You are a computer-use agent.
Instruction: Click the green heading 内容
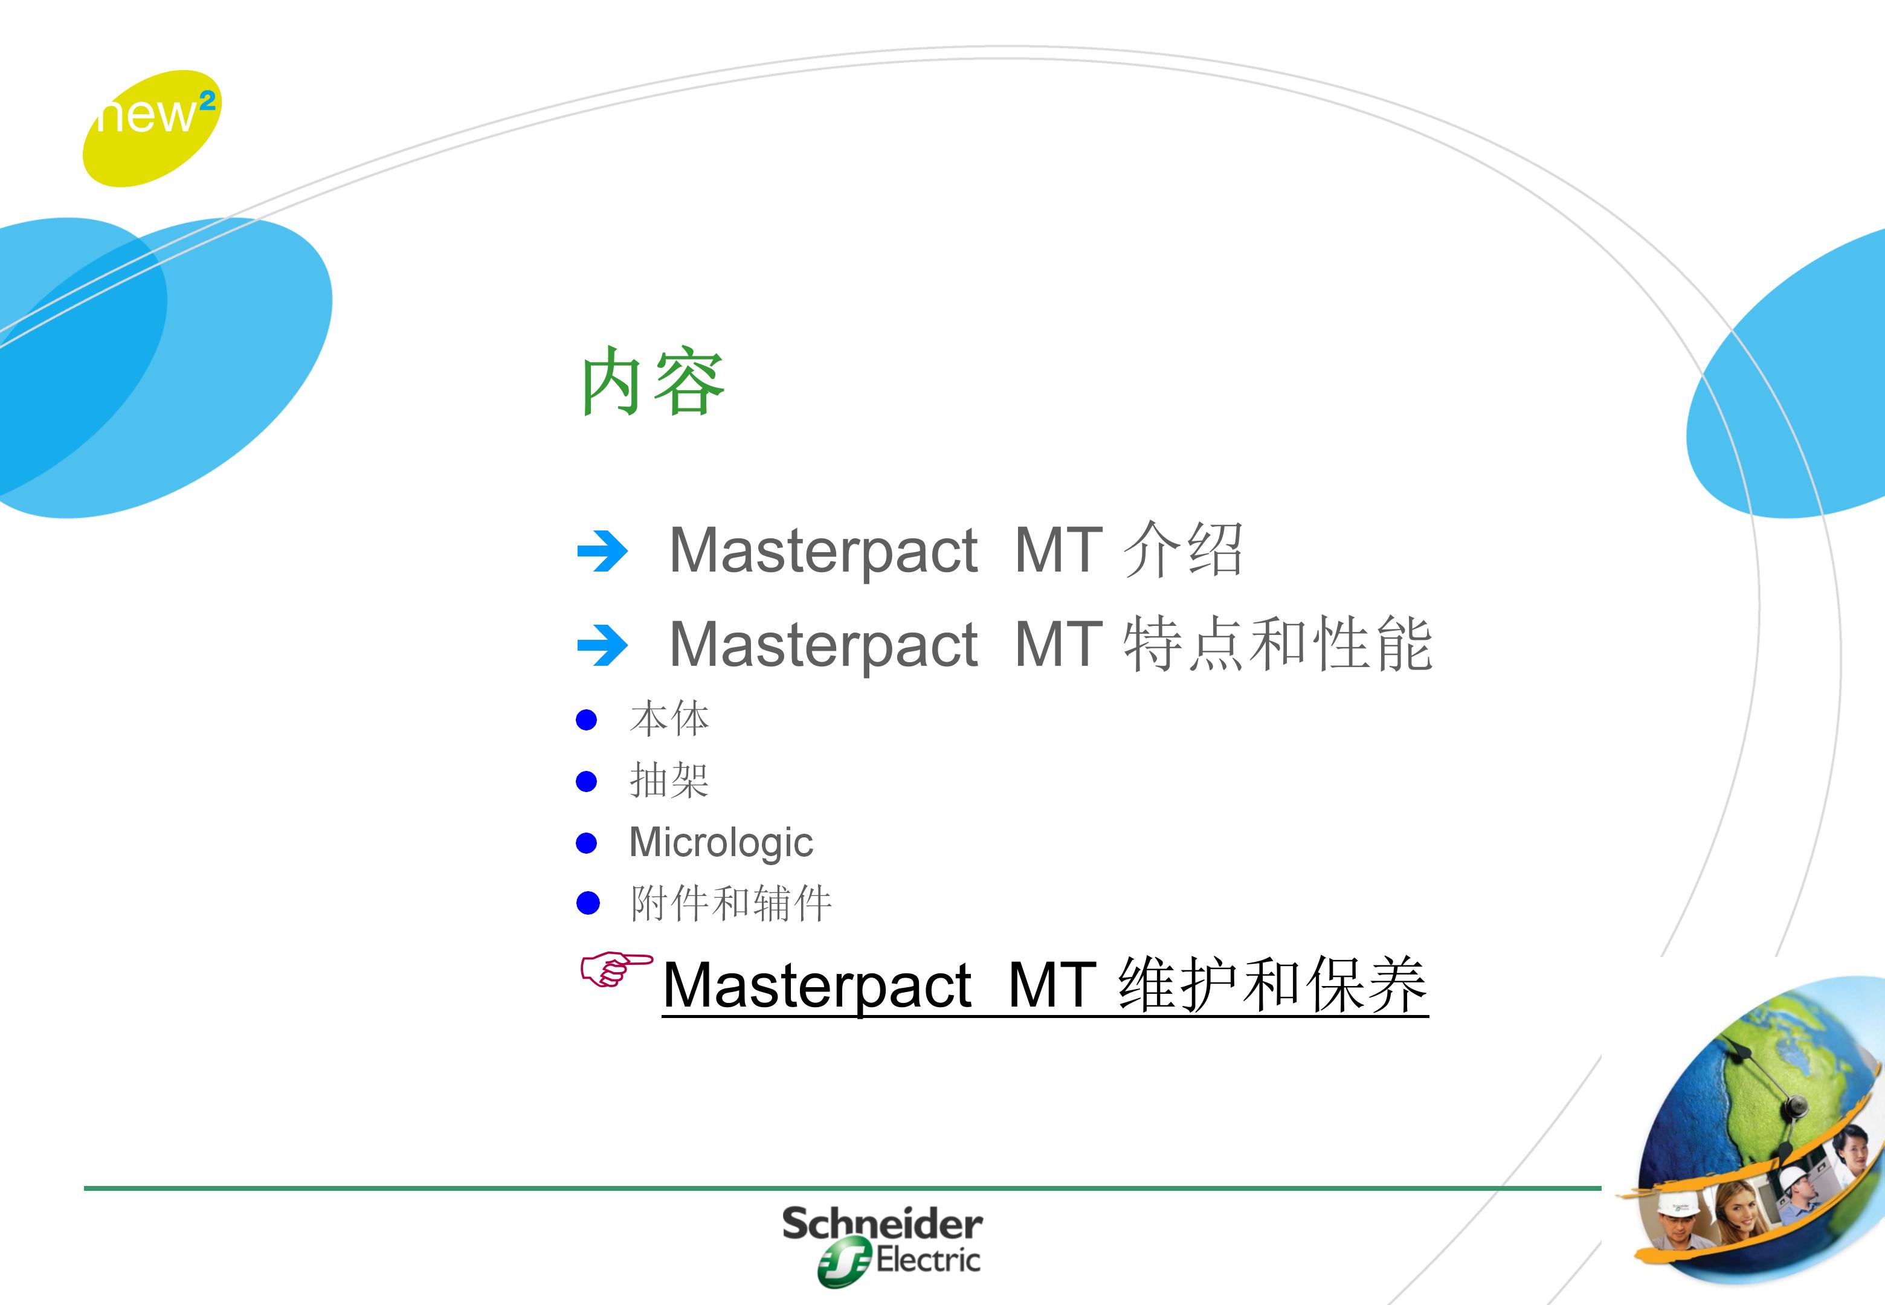(652, 381)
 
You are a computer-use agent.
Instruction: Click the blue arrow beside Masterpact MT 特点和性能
(602, 645)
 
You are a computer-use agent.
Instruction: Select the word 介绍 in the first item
(1183, 549)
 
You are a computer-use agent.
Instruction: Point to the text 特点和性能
(1278, 644)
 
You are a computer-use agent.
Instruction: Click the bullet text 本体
(669, 719)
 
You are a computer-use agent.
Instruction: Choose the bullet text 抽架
(669, 780)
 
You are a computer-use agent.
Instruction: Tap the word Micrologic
(721, 842)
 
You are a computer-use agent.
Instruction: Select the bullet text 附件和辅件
(731, 903)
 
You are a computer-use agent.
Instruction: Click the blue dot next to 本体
(587, 720)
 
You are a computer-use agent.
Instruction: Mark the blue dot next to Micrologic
(587, 843)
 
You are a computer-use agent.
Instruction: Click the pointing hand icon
(616, 969)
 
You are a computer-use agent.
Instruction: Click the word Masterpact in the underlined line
(817, 986)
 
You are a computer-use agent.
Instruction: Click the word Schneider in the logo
(882, 1224)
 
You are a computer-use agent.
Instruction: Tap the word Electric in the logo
(928, 1259)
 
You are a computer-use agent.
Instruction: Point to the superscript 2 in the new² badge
(208, 100)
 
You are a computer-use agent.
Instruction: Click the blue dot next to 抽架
(587, 782)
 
